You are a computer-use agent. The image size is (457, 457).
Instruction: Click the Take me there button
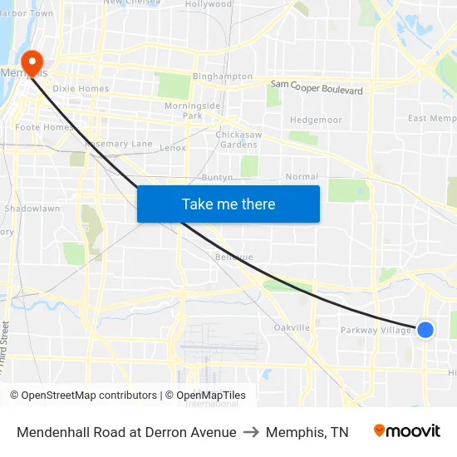coord(228,204)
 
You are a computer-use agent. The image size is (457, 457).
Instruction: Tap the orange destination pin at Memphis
coord(32,61)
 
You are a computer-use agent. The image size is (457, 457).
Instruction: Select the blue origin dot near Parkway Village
coord(425,330)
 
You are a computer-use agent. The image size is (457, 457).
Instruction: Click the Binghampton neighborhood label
coord(222,76)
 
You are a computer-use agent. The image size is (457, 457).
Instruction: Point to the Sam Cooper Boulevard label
coord(317,87)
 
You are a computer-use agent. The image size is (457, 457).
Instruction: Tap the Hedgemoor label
coord(316,120)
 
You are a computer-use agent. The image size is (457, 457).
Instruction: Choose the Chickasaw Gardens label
coord(237,139)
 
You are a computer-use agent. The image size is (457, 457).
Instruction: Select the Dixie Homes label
coord(81,89)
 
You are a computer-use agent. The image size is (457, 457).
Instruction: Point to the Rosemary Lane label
coord(119,144)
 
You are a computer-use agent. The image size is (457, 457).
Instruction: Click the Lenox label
coord(173,148)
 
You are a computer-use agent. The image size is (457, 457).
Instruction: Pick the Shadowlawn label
coord(32,209)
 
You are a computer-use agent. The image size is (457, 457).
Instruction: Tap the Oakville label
coord(292,327)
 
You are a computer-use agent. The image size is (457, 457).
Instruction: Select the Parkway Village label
coord(376,331)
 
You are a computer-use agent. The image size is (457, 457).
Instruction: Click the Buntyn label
coord(219,178)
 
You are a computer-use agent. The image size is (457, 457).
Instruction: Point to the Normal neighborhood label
coord(302,177)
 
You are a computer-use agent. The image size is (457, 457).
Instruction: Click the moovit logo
coord(406,431)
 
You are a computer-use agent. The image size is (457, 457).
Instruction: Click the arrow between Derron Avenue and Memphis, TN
coord(251,432)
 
